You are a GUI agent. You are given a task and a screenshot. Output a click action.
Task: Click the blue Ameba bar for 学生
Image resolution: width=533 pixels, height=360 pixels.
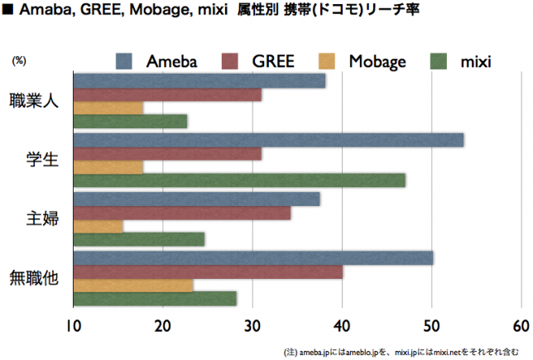269,140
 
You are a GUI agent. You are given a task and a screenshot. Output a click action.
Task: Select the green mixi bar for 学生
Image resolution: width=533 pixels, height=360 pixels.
240,180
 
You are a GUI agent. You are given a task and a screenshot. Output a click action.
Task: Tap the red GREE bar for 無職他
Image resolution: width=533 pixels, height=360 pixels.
209,272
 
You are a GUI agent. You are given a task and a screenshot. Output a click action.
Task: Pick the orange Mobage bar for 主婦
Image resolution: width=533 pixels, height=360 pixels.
98,226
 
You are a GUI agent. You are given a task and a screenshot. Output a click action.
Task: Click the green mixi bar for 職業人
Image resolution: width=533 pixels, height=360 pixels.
131,121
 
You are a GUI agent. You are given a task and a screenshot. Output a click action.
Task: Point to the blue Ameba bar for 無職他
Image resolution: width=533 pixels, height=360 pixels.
253,258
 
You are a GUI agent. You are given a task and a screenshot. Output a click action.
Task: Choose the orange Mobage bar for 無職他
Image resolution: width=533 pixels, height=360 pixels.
133,286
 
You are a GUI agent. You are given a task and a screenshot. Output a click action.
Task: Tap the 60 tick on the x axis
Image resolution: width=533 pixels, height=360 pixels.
520,324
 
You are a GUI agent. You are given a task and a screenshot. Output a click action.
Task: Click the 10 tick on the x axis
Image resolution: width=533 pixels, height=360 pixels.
74,324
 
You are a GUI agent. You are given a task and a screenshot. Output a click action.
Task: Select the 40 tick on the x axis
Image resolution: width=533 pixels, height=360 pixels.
342,324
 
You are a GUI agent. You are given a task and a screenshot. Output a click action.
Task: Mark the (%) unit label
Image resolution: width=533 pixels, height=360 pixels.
19,60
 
